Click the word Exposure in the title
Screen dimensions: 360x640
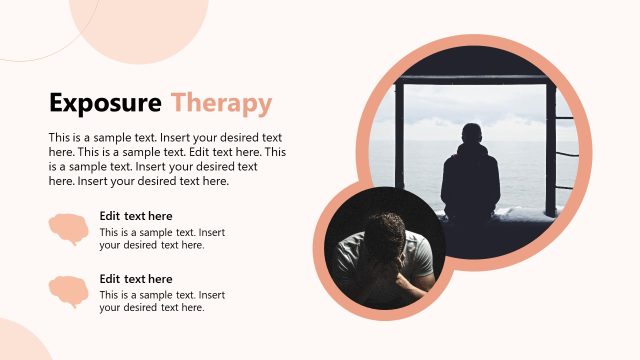[105, 103]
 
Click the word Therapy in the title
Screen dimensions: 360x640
[221, 103]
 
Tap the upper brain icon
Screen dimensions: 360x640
[68, 230]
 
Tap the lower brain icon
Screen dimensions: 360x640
[68, 292]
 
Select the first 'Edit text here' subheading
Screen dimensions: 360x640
[136, 215]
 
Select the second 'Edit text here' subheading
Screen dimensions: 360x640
[136, 278]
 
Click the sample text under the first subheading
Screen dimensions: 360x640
[162, 239]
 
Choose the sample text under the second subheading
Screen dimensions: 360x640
[162, 301]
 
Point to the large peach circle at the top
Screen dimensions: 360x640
[140, 25]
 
